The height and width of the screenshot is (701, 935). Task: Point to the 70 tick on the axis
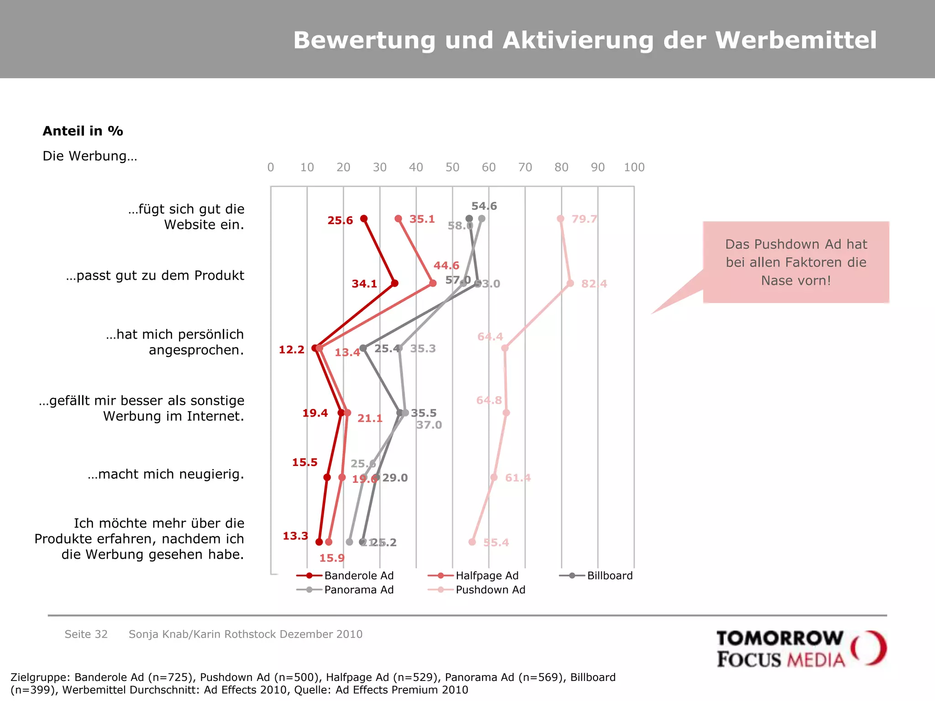[525, 167]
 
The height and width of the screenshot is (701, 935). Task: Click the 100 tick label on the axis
[634, 167]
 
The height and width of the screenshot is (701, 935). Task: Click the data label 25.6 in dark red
[340, 220]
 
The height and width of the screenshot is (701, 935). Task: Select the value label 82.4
[594, 284]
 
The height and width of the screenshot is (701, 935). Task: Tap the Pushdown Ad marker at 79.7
[561, 219]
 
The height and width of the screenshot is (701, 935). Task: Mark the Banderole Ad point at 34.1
[395, 283]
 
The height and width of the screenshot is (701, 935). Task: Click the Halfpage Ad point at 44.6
[433, 283]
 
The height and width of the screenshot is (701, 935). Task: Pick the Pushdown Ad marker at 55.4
[472, 542]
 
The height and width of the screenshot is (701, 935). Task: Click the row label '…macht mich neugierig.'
[166, 474]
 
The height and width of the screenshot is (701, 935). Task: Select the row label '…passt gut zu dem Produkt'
[155, 276]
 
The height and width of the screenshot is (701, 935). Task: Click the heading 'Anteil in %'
[83, 131]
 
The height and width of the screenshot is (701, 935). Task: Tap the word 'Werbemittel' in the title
[796, 40]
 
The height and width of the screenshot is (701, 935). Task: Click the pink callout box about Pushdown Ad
[796, 262]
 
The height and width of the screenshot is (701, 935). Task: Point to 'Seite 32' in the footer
[86, 634]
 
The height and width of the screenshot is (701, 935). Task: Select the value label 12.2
[291, 350]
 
